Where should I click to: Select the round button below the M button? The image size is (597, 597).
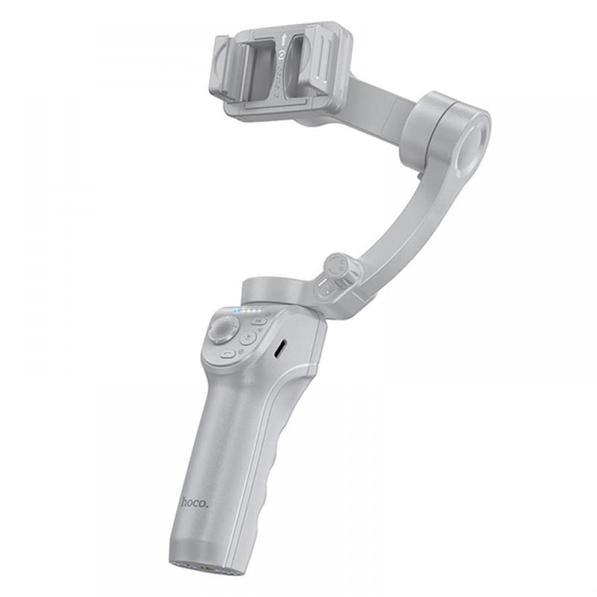(x=247, y=337)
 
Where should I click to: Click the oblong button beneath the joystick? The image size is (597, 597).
(x=227, y=353)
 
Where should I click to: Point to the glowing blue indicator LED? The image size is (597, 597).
(x=238, y=310)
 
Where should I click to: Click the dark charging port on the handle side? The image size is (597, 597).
(x=279, y=350)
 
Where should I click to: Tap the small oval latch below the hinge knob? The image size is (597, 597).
(x=325, y=291)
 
